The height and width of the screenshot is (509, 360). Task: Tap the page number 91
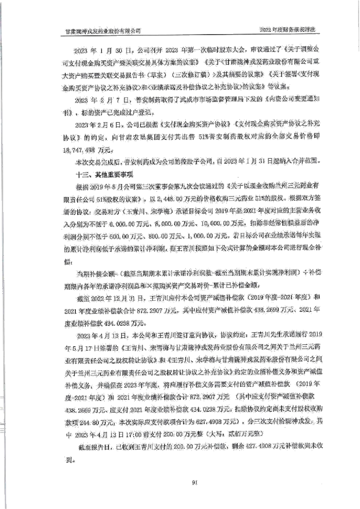pyautogui.click(x=194, y=482)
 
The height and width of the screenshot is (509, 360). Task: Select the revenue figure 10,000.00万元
pyautogui.click(x=221, y=223)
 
